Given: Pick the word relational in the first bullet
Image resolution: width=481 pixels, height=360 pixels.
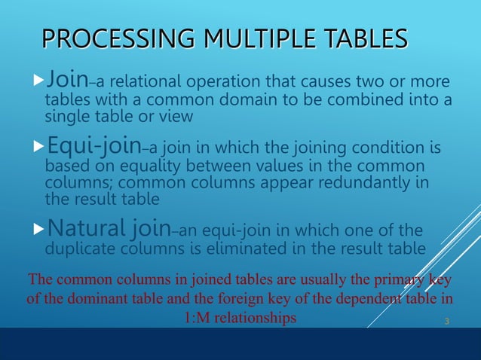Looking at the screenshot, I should pos(156,82).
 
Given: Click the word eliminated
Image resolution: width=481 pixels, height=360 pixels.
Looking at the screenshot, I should pos(252,249).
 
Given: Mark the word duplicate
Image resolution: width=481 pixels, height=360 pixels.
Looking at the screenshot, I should pos(80,249).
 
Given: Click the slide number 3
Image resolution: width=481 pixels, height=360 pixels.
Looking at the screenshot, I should pos(446,322).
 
